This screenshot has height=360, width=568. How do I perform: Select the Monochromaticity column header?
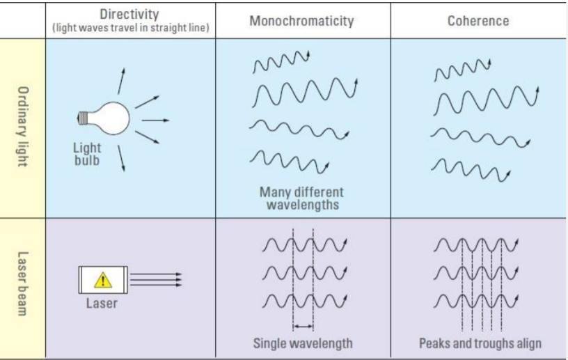tap(302, 20)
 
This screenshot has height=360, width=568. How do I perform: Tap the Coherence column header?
tap(478, 20)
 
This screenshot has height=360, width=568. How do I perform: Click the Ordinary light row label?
tap(22, 127)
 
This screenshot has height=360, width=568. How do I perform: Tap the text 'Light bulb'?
tap(87, 154)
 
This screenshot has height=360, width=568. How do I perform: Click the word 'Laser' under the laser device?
tap(102, 304)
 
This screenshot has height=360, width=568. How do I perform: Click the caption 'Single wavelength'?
tap(302, 343)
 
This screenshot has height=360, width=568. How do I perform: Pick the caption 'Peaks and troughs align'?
tap(480, 343)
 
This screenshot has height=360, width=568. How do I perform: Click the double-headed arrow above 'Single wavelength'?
tap(303, 326)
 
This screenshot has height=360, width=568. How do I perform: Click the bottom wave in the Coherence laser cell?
tap(476, 302)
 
